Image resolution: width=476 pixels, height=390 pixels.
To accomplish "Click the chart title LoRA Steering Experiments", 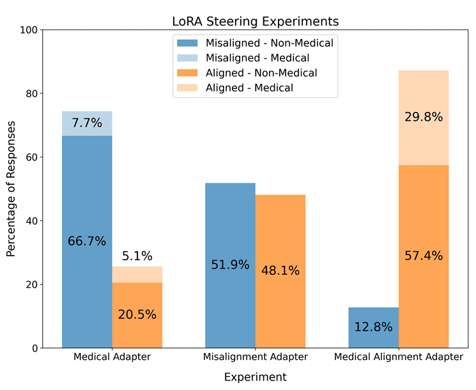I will (255, 21).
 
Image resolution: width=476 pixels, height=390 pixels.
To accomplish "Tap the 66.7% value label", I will (87, 242).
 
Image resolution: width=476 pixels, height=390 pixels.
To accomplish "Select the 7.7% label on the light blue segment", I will (87, 123).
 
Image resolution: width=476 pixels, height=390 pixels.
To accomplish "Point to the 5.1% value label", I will (137, 256).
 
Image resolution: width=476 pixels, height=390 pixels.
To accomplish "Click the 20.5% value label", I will (137, 315).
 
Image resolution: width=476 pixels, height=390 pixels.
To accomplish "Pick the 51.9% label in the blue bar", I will (230, 265).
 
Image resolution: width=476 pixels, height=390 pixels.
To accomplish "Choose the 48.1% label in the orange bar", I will (280, 270).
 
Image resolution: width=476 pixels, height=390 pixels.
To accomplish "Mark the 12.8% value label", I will (373, 327).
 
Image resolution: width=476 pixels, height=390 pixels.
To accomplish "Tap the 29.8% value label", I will (424, 117).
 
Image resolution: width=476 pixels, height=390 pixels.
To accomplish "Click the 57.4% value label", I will (424, 256).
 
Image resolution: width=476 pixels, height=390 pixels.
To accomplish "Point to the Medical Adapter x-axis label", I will (112, 357).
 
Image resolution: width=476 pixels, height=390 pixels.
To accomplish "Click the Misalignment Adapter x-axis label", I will (256, 357).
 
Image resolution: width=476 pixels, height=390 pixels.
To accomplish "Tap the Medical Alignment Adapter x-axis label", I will (399, 357).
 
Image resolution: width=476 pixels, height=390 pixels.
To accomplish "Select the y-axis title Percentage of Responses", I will (12, 189).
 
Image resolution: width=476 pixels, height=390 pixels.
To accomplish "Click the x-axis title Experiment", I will (255, 377).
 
